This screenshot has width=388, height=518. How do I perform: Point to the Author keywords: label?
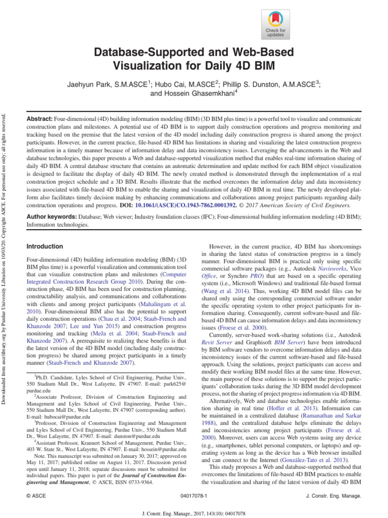click(51, 217)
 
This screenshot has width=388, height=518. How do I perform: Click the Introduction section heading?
click(44, 246)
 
